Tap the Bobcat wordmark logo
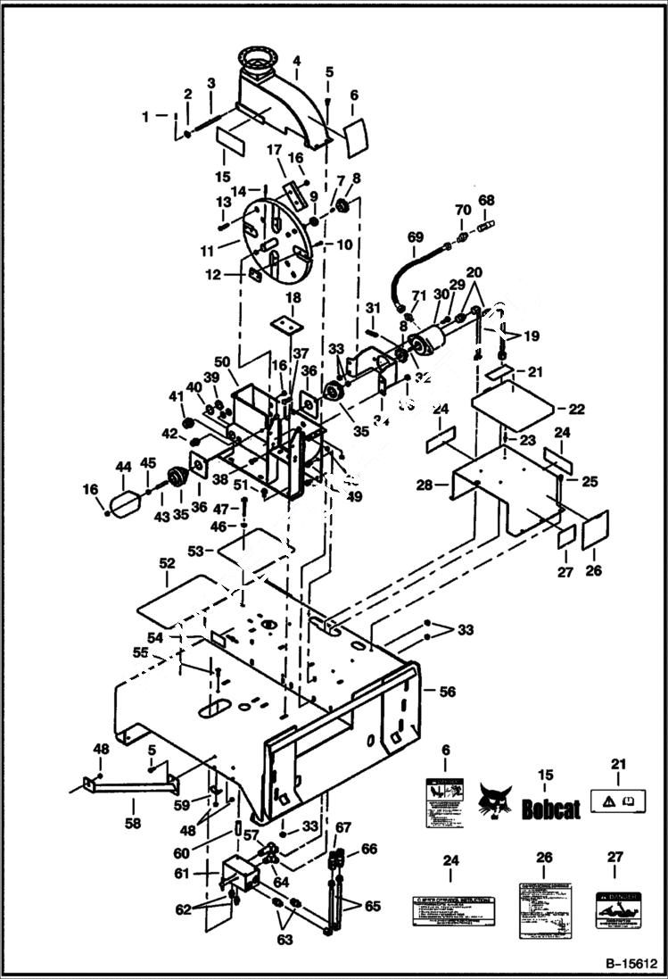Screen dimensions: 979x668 [550, 809]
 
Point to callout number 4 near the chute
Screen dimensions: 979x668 [296, 62]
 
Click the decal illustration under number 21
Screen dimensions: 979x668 [617, 801]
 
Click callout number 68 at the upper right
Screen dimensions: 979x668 [486, 199]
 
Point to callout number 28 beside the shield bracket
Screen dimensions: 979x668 [425, 485]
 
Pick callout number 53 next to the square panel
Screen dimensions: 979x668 [195, 551]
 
